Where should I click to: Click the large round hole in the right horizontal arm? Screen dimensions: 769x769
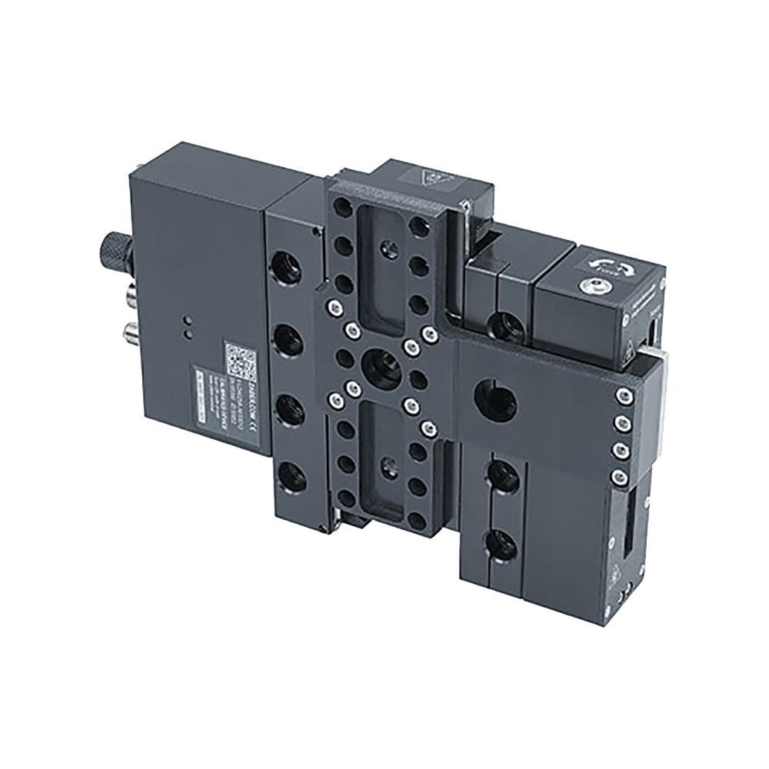tap(495, 399)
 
